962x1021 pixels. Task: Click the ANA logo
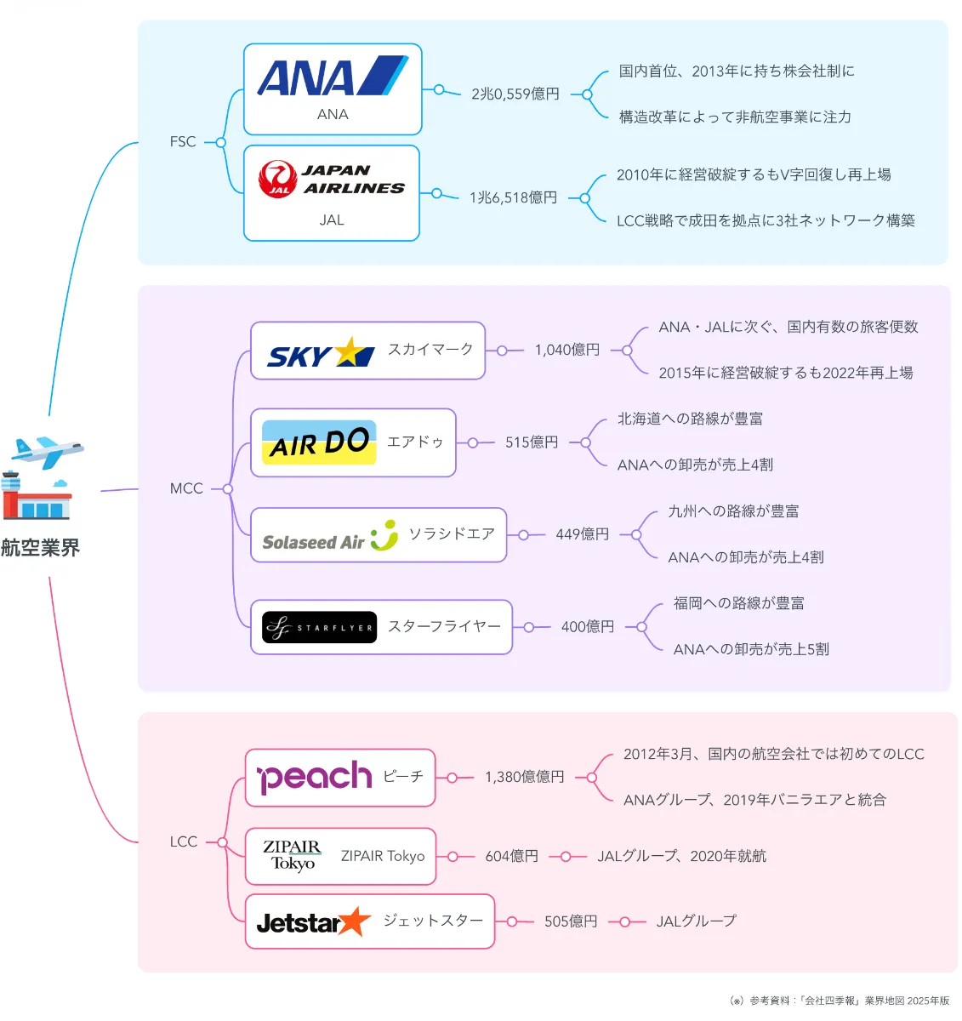pyautogui.click(x=333, y=76)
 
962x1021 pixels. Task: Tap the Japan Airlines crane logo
pyautogui.click(x=277, y=179)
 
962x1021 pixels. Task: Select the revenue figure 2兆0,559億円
pyautogui.click(x=515, y=94)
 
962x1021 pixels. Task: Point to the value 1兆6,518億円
pyautogui.click(x=513, y=197)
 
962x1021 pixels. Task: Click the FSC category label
pyautogui.click(x=183, y=141)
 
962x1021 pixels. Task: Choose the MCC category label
pyautogui.click(x=186, y=488)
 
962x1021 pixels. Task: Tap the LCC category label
pyautogui.click(x=184, y=841)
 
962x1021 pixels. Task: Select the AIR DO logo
pyautogui.click(x=319, y=442)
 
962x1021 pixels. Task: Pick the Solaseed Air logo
pyautogui.click(x=329, y=535)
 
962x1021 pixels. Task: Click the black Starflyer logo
pyautogui.click(x=319, y=627)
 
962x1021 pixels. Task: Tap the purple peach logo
pyautogui.click(x=314, y=776)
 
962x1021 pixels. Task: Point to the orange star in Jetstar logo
pyautogui.click(x=353, y=921)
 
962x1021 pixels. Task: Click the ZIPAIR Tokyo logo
pyautogui.click(x=292, y=855)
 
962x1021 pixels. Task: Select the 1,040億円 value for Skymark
pyautogui.click(x=566, y=350)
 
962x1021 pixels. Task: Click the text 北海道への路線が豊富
pyautogui.click(x=690, y=419)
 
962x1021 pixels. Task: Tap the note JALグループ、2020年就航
pyautogui.click(x=681, y=855)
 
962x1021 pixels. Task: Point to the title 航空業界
pyautogui.click(x=40, y=547)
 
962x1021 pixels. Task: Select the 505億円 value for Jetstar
pyautogui.click(x=571, y=921)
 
